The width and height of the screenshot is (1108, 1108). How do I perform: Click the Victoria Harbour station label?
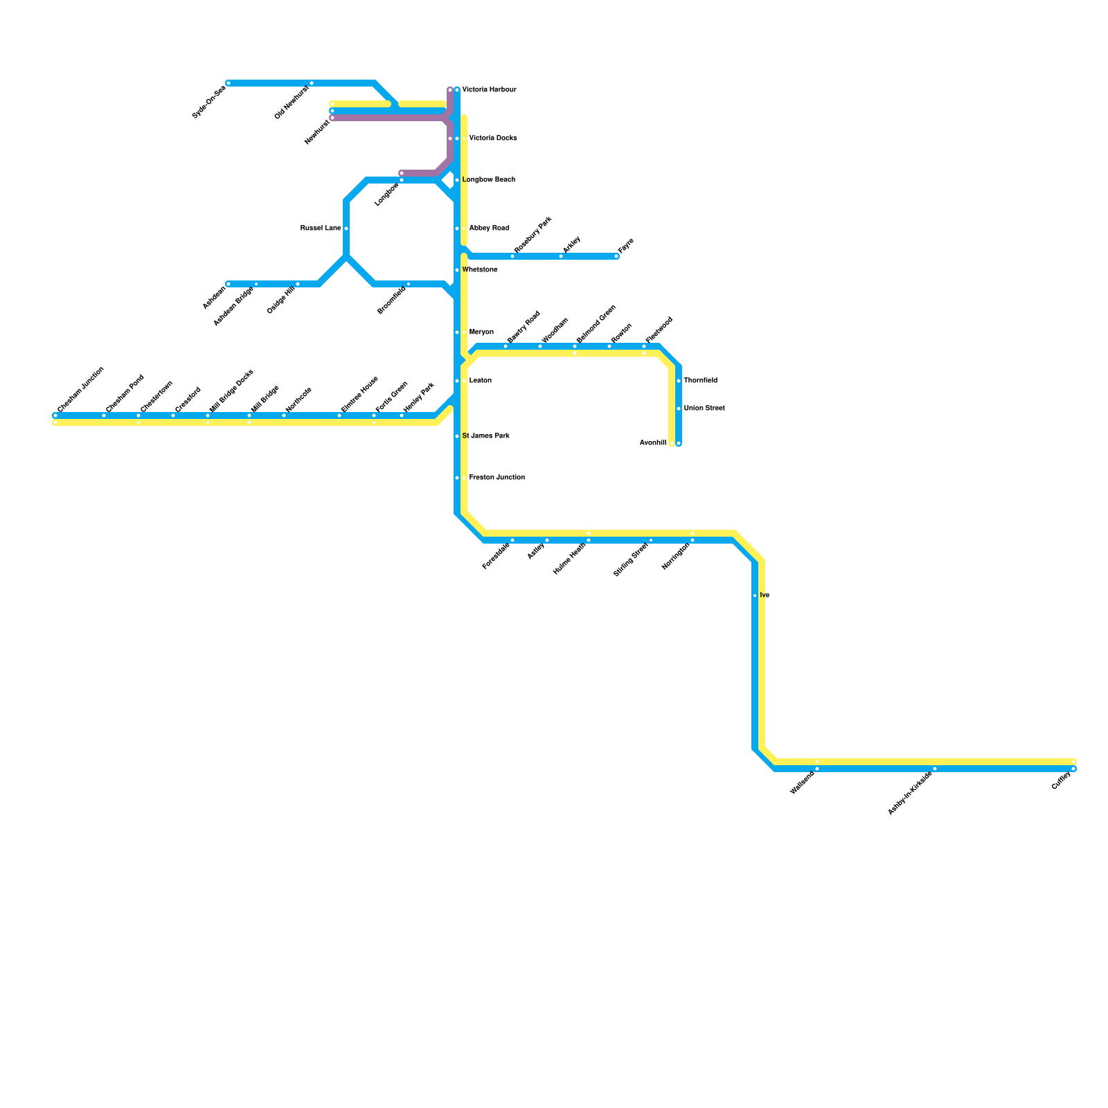[x=489, y=90]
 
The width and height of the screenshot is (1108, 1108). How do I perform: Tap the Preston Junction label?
[x=497, y=478]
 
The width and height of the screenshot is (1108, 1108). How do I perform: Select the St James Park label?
[x=485, y=436]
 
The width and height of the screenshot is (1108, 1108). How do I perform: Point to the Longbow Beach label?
[x=488, y=180]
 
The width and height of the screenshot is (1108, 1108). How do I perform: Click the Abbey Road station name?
[x=489, y=229]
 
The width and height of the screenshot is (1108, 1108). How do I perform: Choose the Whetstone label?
[x=479, y=270]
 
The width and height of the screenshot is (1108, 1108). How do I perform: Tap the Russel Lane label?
[x=321, y=229]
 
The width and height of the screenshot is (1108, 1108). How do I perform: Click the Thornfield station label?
[x=700, y=381]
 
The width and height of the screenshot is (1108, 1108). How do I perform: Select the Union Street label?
[x=704, y=409]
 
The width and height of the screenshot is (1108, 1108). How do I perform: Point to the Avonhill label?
[x=653, y=443]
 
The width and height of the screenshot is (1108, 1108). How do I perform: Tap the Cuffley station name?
[x=1061, y=781]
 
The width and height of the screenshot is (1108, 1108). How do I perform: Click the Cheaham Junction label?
[x=81, y=390]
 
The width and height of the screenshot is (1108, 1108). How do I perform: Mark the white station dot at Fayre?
[x=616, y=256]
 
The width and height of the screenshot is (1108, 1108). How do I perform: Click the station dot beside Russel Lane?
[x=346, y=229]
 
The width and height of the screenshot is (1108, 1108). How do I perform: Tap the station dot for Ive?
[x=755, y=596]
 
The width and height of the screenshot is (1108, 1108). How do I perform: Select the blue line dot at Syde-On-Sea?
[x=229, y=83]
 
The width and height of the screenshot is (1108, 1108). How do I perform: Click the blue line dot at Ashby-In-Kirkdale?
[x=935, y=769]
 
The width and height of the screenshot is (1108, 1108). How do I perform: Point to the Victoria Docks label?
[x=492, y=138]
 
